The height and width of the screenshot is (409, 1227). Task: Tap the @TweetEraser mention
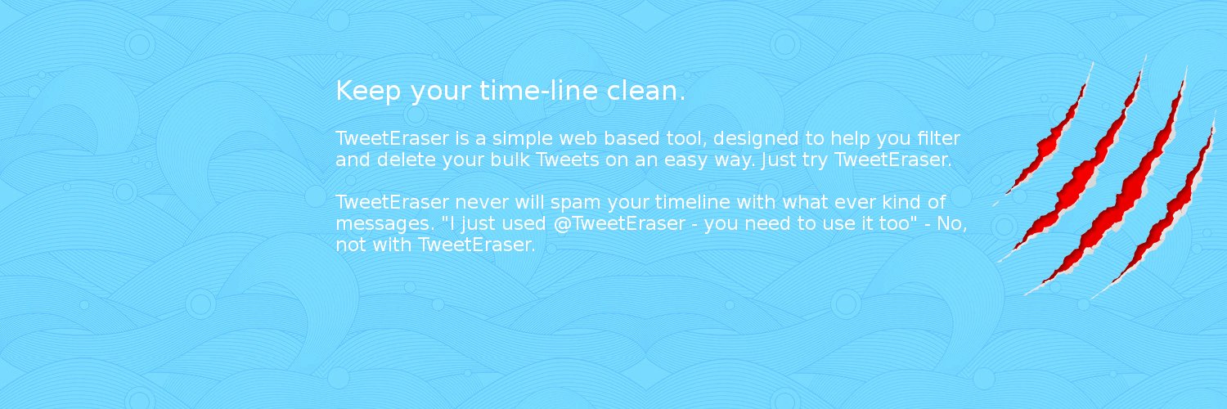click(618, 223)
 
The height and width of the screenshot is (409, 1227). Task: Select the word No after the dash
click(948, 222)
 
